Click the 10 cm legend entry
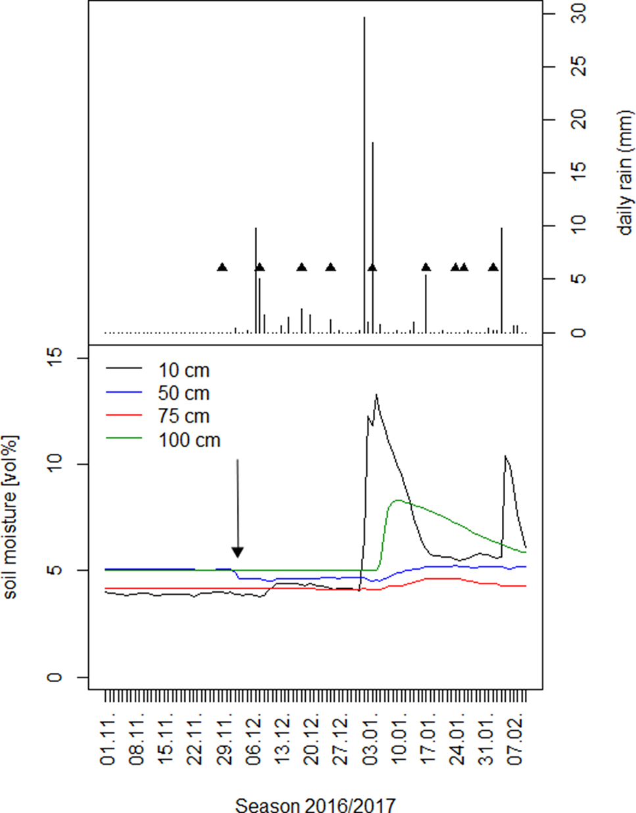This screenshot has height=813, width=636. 183,370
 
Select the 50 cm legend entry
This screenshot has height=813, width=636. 183,393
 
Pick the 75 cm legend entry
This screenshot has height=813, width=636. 183,416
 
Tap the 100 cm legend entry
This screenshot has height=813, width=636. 189,440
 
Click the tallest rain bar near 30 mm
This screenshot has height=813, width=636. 364,20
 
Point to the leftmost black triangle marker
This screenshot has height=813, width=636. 222,267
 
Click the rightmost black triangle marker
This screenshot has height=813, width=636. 493,267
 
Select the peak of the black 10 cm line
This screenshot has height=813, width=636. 376,395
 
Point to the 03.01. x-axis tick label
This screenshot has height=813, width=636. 371,737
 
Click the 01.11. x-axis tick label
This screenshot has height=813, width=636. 108,737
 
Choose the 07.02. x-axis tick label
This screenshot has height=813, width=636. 515,737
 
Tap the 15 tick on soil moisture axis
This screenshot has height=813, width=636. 57,358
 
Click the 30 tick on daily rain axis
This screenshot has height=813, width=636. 578,13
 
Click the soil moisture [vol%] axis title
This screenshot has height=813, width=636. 11,517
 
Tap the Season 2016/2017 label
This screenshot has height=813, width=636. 315,804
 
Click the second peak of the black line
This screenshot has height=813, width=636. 505,456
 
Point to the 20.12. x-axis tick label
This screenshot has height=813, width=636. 312,737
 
